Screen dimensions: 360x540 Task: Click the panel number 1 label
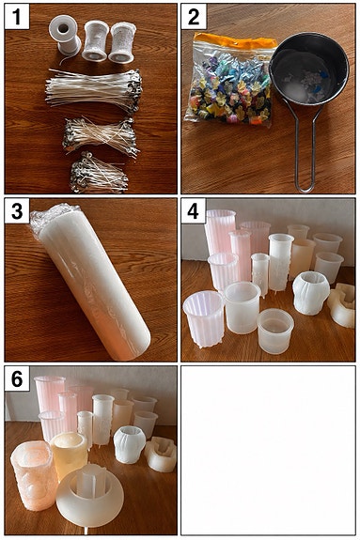(x=17, y=17)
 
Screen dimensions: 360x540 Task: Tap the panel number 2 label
(x=194, y=17)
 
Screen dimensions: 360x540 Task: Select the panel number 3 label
(x=17, y=210)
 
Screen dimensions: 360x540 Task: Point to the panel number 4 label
(x=194, y=210)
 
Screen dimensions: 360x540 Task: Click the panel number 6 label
(x=17, y=378)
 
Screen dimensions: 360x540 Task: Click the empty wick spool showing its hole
(x=65, y=35)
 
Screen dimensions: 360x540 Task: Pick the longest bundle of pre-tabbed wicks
(x=94, y=89)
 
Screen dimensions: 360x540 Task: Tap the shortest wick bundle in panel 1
(x=99, y=174)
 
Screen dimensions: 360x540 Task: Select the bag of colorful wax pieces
(x=231, y=79)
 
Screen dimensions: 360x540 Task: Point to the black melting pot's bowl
(x=309, y=69)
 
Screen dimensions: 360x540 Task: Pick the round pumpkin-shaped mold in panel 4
(x=311, y=293)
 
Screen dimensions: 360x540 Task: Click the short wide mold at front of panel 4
(x=275, y=331)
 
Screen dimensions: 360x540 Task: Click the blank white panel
(x=268, y=450)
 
